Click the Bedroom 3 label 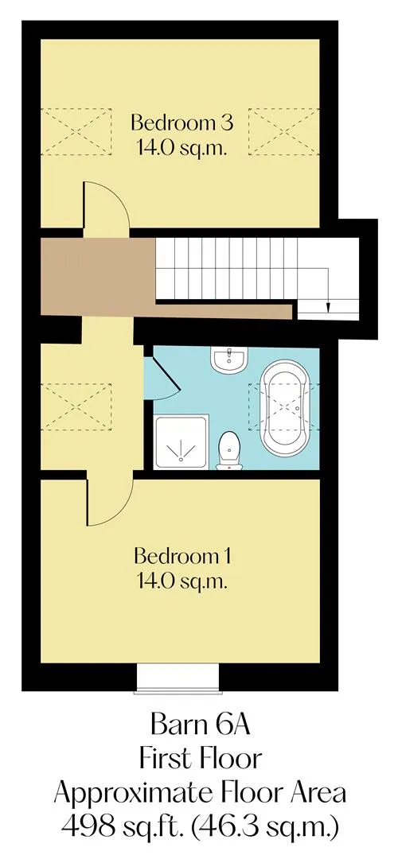coord(181,122)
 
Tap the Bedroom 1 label coord(181,557)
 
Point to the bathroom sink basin coord(229,360)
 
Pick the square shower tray coord(181,441)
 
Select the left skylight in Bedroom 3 coord(76,131)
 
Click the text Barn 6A coord(200,726)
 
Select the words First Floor coord(200,760)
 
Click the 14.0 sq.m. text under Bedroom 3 coord(181,149)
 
